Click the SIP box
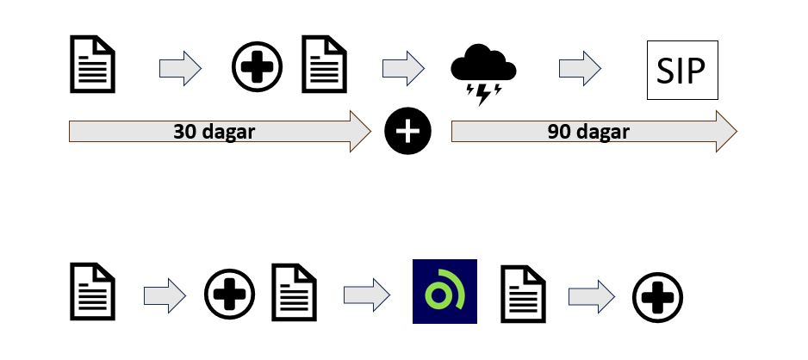pos(681,69)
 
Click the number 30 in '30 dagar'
pos(184,132)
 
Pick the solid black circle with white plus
pos(407,132)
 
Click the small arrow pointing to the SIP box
pos(580,66)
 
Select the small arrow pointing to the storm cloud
pos(403,66)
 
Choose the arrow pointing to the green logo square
pos(365,294)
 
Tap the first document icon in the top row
pos(92,63)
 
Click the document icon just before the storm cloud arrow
pos(324,63)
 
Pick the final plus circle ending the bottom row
pos(658,296)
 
